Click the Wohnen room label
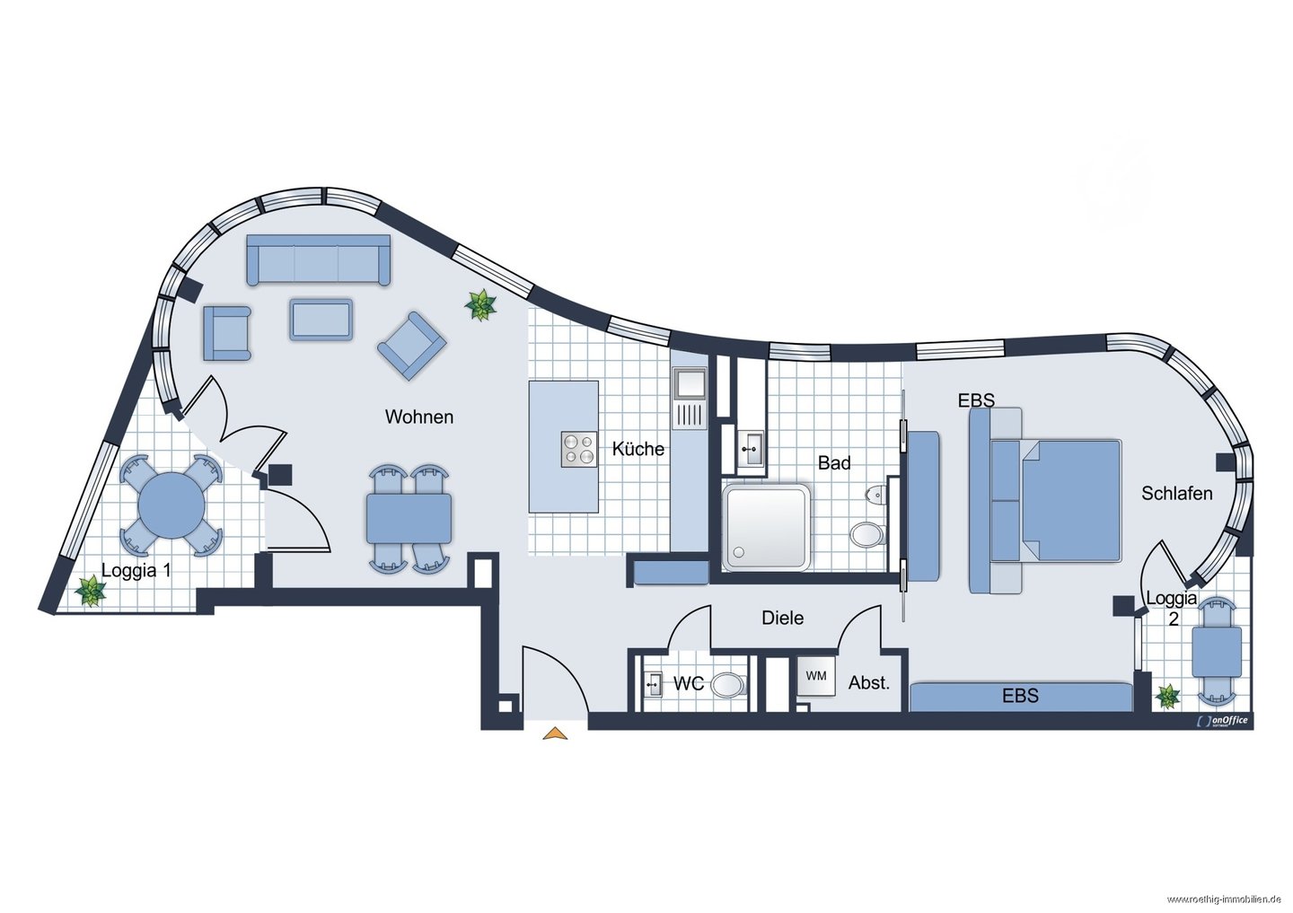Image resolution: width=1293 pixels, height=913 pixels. tap(419, 417)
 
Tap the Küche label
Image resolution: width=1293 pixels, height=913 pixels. tap(638, 449)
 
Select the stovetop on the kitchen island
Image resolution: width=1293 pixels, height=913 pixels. tap(579, 449)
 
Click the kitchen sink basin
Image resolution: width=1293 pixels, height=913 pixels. tap(690, 384)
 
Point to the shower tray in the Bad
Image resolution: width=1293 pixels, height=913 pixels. tap(766, 527)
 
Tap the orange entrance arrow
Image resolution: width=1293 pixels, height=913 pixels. tap(555, 733)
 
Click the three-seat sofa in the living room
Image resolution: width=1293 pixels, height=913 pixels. tap(318, 259)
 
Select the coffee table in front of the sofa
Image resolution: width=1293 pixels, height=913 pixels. tap(321, 320)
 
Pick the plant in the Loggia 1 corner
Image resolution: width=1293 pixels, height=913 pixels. tap(91, 590)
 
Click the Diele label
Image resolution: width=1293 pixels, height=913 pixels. tap(783, 618)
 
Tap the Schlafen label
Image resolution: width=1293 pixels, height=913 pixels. tap(1177, 493)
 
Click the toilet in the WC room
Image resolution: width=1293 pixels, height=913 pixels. tap(729, 685)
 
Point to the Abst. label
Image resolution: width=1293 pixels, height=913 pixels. tap(869, 682)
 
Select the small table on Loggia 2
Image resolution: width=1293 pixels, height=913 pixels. tap(1217, 652)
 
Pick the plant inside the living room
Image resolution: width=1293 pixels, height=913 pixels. tap(481, 304)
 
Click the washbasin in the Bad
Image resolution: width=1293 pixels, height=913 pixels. tap(752, 448)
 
